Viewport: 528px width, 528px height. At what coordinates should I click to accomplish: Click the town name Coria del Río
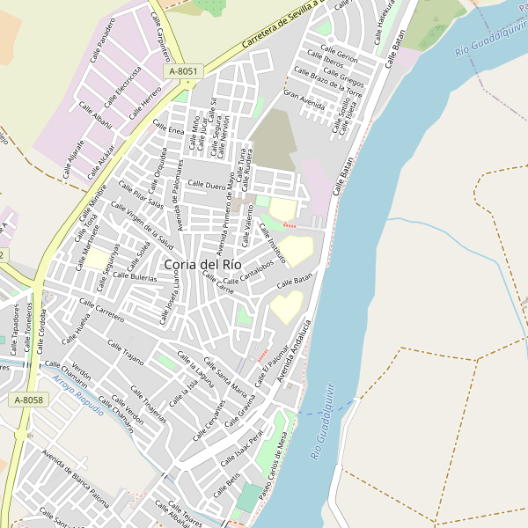click(202, 264)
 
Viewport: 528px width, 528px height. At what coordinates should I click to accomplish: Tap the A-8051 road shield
click(184, 70)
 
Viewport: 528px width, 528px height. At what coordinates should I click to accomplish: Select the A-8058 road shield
click(28, 400)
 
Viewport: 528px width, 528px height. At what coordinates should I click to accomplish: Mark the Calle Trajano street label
click(126, 352)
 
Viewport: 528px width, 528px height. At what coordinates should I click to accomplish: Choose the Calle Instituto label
click(272, 243)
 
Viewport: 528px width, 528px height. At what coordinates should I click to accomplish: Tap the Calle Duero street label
click(207, 186)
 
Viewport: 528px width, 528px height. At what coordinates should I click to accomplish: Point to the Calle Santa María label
click(225, 378)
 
